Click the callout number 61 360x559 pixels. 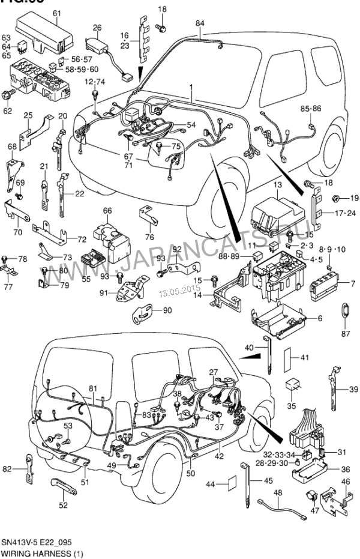coord(57,13)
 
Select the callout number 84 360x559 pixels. coord(199,23)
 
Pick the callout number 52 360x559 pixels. coord(64,505)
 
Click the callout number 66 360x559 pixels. coord(108,210)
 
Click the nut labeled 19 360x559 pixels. coord(336,198)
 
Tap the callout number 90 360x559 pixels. coord(167,310)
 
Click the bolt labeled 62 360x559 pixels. coord(8,94)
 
